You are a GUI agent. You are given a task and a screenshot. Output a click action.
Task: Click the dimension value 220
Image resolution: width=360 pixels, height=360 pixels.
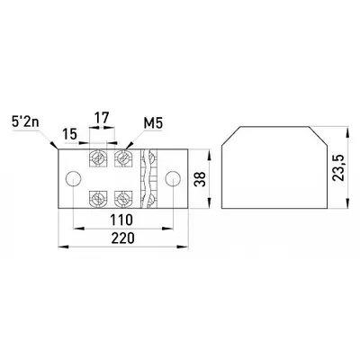click(x=123, y=239)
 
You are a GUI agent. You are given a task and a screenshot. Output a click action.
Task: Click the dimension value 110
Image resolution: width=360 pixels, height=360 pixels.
click(x=121, y=220)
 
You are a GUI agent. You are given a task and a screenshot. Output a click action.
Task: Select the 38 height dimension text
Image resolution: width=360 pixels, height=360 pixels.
click(x=200, y=179)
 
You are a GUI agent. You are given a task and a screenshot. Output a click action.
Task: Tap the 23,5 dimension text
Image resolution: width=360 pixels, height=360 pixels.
click(x=338, y=167)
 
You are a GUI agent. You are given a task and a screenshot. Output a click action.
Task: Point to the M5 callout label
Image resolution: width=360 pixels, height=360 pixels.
click(x=153, y=123)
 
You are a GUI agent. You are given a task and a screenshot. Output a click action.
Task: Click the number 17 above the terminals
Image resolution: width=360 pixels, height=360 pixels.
click(x=102, y=117)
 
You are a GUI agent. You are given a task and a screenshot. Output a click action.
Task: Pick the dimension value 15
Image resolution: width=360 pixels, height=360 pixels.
click(x=70, y=134)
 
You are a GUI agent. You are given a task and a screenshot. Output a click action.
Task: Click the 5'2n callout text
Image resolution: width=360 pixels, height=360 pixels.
click(x=25, y=123)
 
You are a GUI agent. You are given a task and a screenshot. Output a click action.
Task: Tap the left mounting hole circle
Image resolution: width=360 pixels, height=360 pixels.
click(x=73, y=179)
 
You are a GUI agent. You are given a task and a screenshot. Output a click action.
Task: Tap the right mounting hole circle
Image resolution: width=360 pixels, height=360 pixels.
click(x=174, y=179)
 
